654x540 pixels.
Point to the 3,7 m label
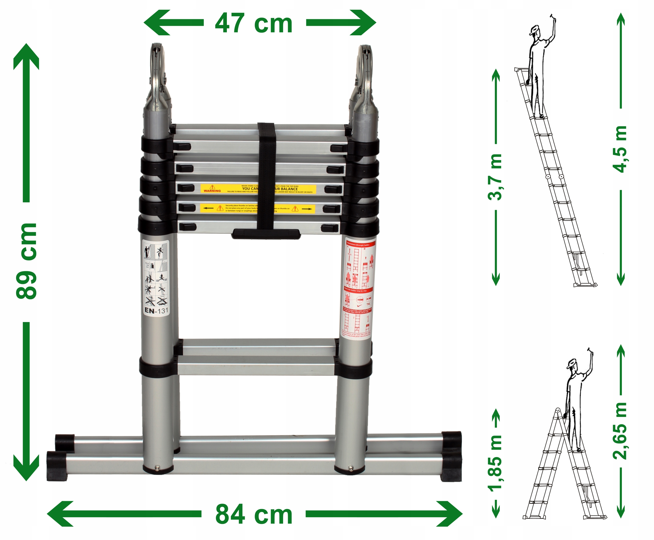(x=495, y=177)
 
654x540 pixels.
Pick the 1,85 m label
(x=495, y=464)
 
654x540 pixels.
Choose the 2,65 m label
(x=620, y=431)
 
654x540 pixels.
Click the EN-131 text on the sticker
(x=156, y=311)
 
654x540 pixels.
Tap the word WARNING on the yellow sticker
(x=212, y=191)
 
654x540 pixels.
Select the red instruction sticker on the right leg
(x=358, y=288)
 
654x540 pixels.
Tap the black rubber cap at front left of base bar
(x=56, y=466)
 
